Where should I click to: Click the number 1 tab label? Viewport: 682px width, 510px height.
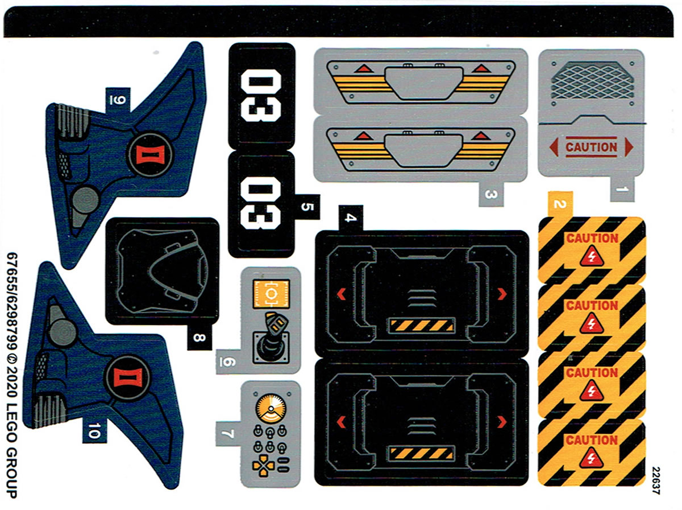[x=623, y=189]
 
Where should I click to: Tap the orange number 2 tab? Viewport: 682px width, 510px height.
[x=560, y=204]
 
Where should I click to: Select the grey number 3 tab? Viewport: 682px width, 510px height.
[x=491, y=194]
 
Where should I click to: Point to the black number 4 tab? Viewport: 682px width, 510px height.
[x=351, y=218]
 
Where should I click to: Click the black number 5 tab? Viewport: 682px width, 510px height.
[x=307, y=207]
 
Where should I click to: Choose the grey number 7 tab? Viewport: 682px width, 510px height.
[x=228, y=434]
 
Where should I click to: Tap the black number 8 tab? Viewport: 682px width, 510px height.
[x=199, y=338]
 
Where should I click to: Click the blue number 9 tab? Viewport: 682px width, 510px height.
[x=118, y=100]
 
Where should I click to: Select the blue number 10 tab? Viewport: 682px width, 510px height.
[x=94, y=430]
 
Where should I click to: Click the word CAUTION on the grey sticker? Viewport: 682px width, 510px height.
[x=591, y=147]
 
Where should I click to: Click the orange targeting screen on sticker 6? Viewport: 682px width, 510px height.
[x=271, y=294]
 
